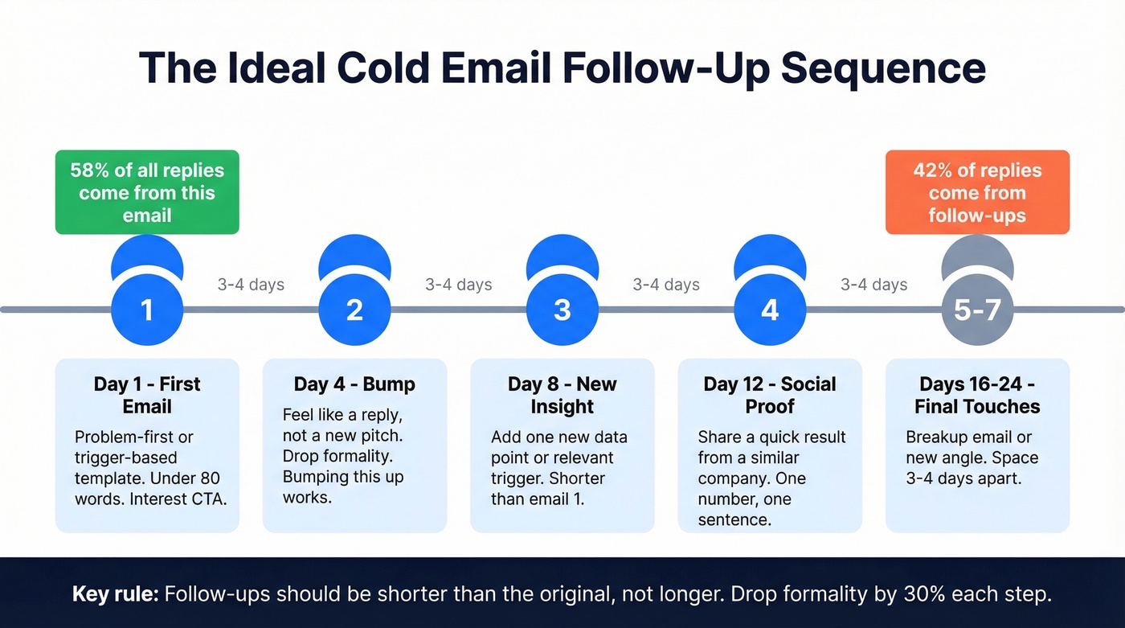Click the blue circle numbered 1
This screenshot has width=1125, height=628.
coord(147,310)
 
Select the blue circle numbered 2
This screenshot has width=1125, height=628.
coord(354,310)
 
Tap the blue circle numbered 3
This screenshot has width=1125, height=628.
coord(562,310)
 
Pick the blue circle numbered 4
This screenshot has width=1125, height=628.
coord(770,310)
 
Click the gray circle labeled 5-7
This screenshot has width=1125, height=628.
coord(977,310)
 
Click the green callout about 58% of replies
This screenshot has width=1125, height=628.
coord(147,193)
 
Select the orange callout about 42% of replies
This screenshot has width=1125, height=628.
coord(977,193)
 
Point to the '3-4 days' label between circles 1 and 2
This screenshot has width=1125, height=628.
coord(251,285)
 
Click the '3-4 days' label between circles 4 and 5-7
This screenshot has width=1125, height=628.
coord(874,285)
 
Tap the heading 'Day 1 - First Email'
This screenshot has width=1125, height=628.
coord(147,395)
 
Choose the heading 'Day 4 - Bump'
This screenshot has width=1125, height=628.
coord(354,384)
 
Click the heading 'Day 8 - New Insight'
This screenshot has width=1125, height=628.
coord(562,395)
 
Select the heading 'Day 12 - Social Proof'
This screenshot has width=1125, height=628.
coord(770,395)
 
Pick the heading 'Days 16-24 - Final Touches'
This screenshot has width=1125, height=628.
coord(977,395)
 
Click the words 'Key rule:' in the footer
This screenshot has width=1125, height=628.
coord(115,594)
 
